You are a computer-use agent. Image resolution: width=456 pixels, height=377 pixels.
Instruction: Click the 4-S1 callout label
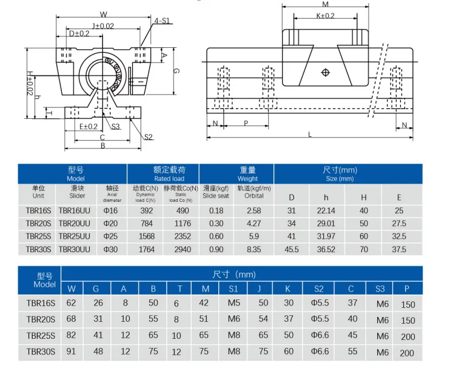[162, 21]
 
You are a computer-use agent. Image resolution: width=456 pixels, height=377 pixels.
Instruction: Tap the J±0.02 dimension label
[103, 26]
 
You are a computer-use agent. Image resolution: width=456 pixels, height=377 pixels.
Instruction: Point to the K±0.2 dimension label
[326, 16]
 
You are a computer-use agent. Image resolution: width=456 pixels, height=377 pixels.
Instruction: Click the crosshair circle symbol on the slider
[326, 72]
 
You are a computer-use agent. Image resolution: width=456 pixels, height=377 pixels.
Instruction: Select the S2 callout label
[149, 137]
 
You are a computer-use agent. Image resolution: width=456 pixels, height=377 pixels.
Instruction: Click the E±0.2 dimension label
[89, 127]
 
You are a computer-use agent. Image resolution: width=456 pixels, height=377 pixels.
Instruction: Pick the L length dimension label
[310, 135]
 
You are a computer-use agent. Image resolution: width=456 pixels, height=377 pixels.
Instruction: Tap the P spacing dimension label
[246, 123]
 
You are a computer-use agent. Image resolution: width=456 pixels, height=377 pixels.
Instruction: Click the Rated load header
[169, 179]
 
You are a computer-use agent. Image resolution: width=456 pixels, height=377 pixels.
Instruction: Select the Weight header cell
[247, 179]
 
